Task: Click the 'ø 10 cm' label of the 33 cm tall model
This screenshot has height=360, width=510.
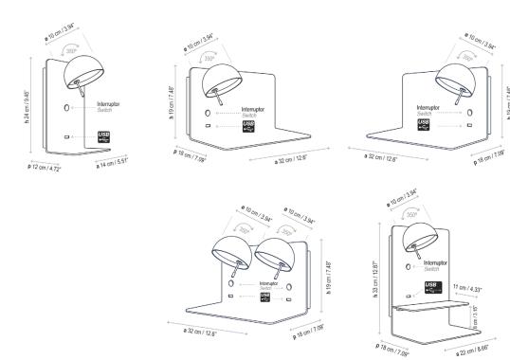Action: pyautogui.click(x=395, y=199)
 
